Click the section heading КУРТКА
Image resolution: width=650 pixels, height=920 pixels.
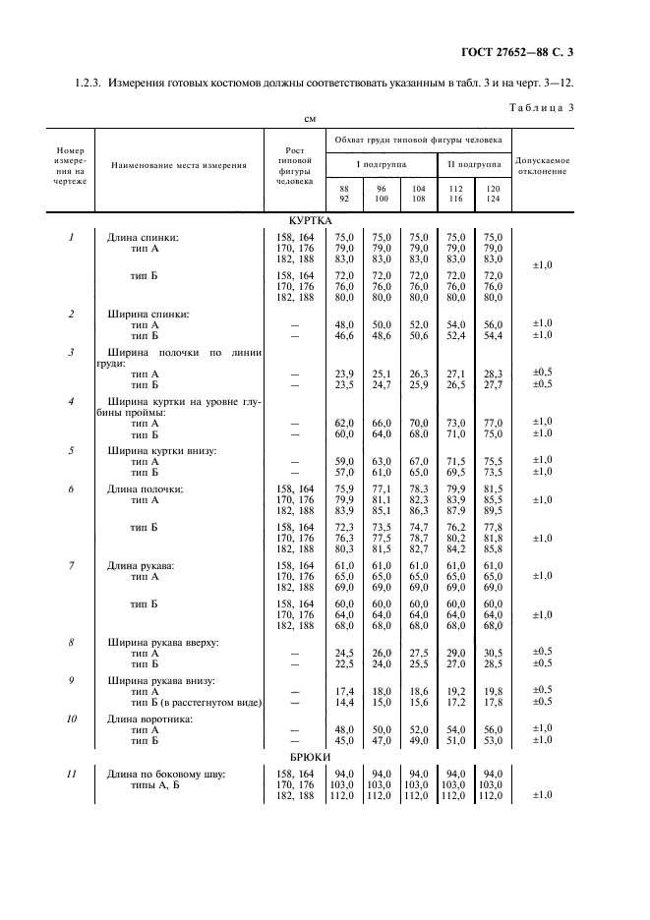click(312, 223)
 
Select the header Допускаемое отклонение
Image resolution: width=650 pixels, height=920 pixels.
click(542, 165)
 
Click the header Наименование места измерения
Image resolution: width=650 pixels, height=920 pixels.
click(178, 165)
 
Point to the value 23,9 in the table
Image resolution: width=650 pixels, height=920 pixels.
click(344, 374)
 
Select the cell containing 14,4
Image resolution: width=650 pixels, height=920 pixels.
click(344, 702)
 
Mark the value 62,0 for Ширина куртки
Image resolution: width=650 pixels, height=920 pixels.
click(344, 422)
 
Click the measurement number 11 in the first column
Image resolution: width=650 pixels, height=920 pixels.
click(71, 775)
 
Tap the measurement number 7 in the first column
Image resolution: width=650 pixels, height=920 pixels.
click(71, 565)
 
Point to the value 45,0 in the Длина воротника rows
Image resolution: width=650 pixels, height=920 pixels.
click(344, 740)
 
